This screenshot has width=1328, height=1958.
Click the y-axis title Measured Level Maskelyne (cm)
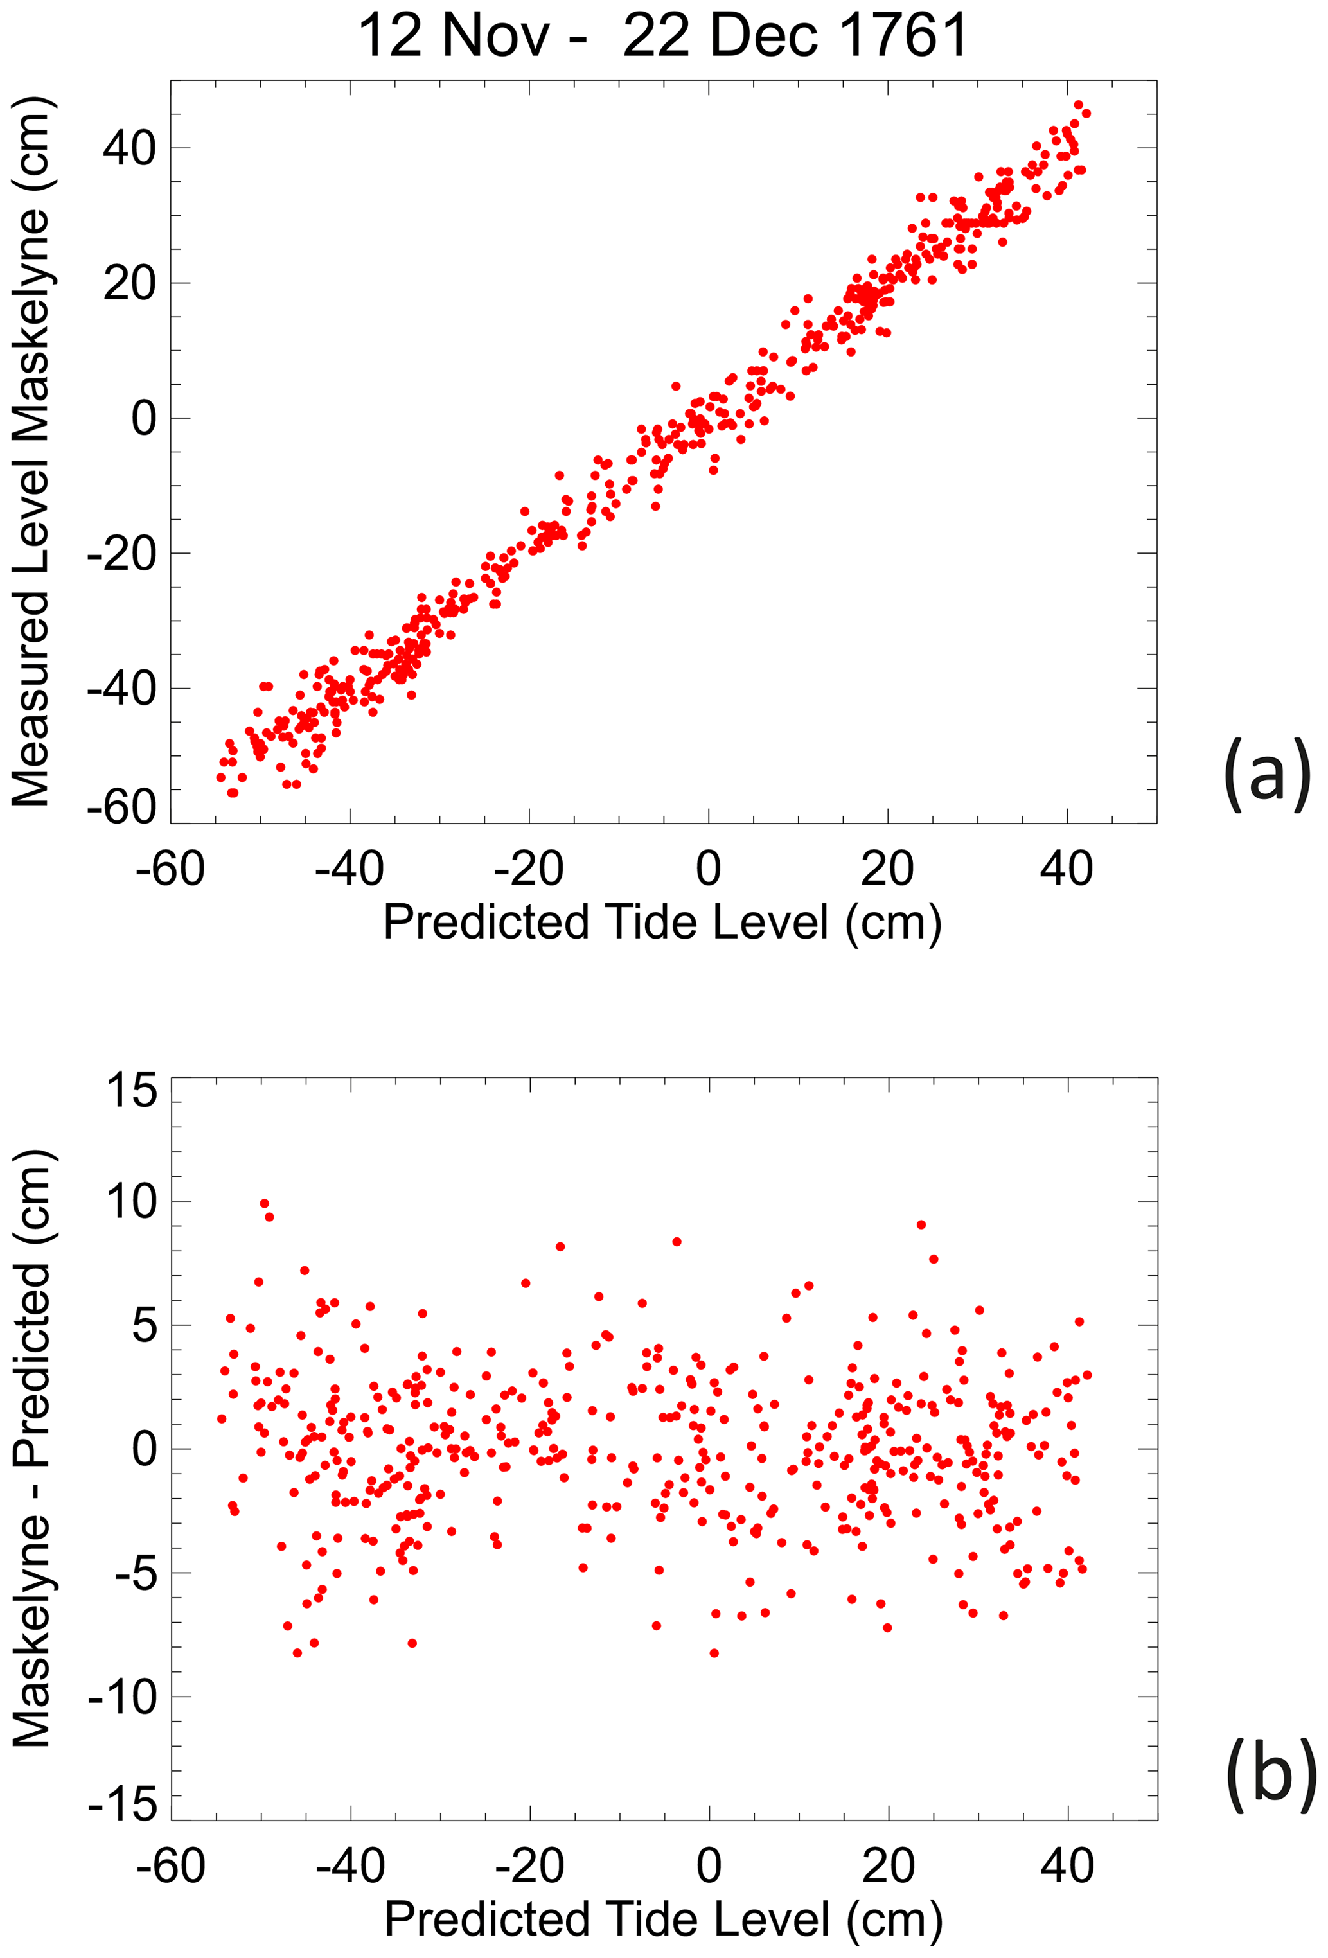(32, 452)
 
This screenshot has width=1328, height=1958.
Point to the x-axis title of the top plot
(662, 922)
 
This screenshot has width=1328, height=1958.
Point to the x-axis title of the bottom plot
(662, 1919)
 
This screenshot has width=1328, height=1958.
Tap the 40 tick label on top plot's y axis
(130, 148)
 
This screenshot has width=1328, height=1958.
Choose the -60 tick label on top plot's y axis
(122, 807)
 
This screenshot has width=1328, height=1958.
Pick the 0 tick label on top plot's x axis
(708, 869)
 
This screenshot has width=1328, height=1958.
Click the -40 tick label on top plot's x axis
(350, 869)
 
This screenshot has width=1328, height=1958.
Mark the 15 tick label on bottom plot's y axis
(132, 1090)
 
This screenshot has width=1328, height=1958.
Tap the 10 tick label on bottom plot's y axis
(132, 1201)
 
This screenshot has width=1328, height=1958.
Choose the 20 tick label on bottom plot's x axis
(888, 1865)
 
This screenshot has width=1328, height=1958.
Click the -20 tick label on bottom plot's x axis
(529, 1865)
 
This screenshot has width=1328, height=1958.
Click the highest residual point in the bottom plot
(265, 1203)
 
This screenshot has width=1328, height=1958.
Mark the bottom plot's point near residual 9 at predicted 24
(921, 1224)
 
